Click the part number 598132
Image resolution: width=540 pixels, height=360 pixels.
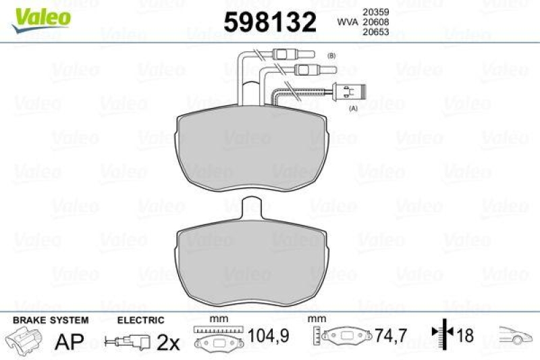pos(269,23)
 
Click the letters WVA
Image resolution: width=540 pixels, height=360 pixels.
pos(347,22)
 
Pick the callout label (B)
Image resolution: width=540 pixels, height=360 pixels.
pos(331,55)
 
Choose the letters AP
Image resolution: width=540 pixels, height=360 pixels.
pos(65,342)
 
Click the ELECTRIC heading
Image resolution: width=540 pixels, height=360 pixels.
pos(141,320)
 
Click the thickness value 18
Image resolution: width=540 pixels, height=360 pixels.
pos(465,334)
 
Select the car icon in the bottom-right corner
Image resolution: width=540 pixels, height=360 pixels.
pos(515,335)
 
